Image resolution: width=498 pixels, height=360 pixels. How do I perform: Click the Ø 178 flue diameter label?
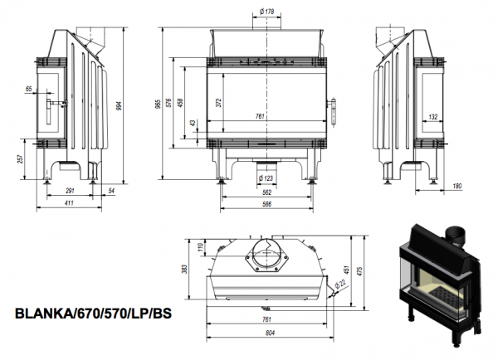(x=266, y=12)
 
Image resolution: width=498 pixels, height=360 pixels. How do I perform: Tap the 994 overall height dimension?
(x=119, y=105)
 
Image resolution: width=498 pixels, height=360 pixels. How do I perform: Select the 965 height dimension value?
(x=158, y=104)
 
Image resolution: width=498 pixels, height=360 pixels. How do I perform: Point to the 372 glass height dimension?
(x=219, y=103)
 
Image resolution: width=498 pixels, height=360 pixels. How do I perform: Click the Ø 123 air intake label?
(x=266, y=178)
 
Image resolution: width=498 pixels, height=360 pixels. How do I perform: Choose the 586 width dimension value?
(x=267, y=204)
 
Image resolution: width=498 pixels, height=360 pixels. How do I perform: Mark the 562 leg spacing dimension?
(x=267, y=192)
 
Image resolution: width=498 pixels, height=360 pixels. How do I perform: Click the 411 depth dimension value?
(x=69, y=203)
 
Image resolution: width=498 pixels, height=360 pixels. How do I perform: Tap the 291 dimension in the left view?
(x=70, y=191)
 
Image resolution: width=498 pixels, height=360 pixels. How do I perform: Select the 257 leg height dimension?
(x=20, y=159)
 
